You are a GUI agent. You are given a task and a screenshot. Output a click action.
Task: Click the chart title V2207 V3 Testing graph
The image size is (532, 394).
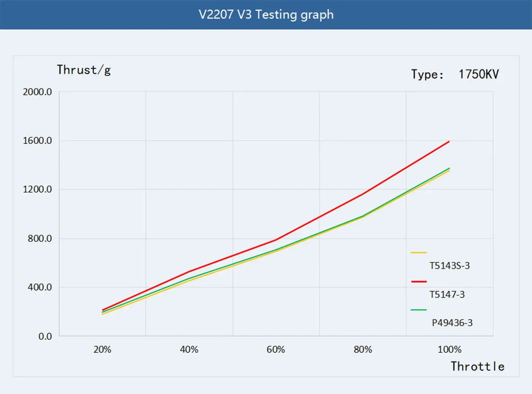point(266,15)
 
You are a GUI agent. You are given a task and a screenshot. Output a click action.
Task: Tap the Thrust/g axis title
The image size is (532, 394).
point(83,70)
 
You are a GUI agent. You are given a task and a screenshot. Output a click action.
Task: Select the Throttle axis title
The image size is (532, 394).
point(477,366)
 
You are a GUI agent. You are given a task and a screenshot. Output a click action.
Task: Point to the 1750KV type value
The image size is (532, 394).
point(478,74)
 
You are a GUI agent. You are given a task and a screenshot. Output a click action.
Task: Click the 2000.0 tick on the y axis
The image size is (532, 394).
point(37,92)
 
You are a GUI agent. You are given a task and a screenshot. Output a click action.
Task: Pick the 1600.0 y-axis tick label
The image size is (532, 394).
point(37,141)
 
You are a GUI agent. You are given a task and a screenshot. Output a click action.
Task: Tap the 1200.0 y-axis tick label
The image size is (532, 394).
point(37,190)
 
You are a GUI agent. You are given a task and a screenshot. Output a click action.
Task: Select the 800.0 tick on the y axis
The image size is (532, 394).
point(39,239)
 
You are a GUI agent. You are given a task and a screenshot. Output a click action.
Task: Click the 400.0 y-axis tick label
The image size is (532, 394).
point(39,288)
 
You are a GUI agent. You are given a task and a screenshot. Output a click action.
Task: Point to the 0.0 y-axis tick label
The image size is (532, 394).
point(45,336)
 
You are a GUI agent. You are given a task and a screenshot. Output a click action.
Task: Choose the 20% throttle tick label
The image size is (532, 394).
point(102,350)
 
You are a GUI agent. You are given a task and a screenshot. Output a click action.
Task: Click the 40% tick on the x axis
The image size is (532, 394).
point(189,350)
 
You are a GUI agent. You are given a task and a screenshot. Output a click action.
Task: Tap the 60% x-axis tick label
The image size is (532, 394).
point(276,350)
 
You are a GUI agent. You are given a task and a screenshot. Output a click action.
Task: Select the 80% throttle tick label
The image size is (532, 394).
point(363,350)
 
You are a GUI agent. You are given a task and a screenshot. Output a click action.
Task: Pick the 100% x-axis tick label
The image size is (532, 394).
point(449,350)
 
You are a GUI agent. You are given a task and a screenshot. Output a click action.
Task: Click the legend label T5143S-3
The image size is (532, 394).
point(449,266)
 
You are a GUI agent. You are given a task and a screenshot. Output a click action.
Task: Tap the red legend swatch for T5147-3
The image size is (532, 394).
point(419,281)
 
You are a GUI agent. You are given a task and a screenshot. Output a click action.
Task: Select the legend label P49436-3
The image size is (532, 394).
point(452,323)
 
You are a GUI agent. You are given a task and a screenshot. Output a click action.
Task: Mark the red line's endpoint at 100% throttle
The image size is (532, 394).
point(449,142)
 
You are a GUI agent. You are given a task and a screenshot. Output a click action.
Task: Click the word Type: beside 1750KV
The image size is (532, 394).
point(427,75)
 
